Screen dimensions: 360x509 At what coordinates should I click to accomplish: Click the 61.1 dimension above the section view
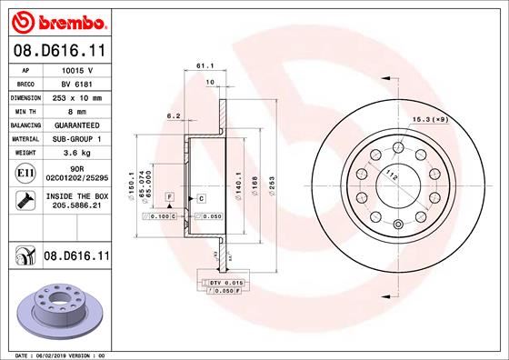click(204, 66)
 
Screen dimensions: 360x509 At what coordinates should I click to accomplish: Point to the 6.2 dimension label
click(173, 115)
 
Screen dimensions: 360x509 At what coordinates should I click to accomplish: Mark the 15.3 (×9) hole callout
click(430, 119)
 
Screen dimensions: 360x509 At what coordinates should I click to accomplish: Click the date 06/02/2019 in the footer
click(58, 355)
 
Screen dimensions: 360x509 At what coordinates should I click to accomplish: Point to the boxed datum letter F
click(169, 196)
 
